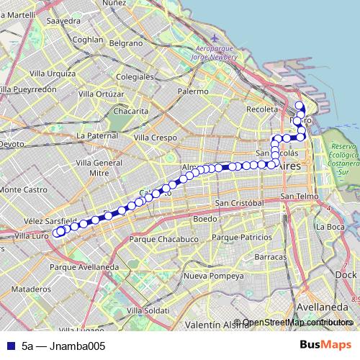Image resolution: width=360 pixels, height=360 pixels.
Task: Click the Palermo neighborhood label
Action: tap(193, 91)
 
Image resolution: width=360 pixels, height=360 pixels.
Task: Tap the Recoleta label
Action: tap(261, 109)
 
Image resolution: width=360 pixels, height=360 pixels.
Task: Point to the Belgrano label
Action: tap(126, 43)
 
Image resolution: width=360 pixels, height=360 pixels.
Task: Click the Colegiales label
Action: tap(135, 76)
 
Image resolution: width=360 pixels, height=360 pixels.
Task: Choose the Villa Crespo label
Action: tap(155, 137)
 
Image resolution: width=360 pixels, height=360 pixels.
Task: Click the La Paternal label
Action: tap(96, 135)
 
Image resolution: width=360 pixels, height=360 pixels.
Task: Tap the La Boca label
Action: tap(330, 227)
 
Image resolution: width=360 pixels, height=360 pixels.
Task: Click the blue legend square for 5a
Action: tap(9, 346)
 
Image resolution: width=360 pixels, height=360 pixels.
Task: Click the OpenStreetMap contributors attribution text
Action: tap(297, 323)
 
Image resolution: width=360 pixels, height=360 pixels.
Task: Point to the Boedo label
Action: tap(205, 218)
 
